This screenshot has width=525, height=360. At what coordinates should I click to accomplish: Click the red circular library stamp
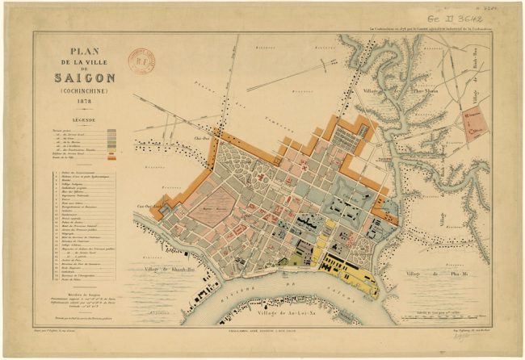tap(142, 57)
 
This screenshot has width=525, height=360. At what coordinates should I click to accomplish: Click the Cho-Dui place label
tap(203, 137)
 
